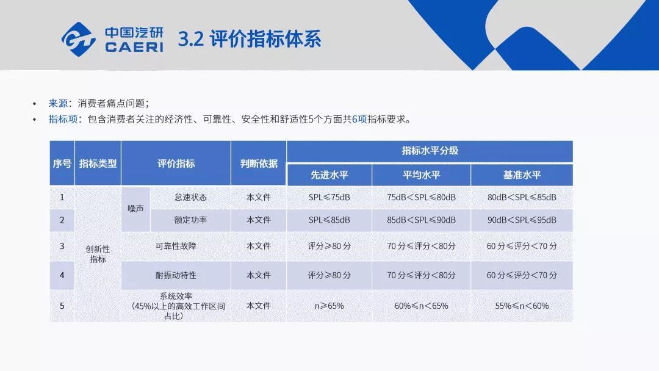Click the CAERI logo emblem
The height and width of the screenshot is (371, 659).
coord(79,40)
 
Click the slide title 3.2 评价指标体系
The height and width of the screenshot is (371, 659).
coord(250,39)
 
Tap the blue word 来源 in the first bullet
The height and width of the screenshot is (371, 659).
coord(58,103)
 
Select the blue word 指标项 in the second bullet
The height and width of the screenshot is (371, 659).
coord(63,120)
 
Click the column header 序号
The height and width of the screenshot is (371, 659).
coord(62,164)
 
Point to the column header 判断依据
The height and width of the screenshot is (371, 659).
coord(259,164)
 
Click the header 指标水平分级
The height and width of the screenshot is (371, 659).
coord(430,151)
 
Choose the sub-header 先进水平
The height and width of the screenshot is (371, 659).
coord(329,175)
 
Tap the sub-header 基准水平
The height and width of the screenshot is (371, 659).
coord(522,175)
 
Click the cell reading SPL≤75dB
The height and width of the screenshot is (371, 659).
coord(329,198)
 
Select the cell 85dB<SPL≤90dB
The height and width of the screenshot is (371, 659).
coord(421,220)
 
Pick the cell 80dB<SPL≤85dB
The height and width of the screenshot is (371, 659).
coord(522,198)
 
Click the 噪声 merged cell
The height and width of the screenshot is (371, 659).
coord(135,209)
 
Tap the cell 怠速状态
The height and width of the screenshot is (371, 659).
coord(190,198)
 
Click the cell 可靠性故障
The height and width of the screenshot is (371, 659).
coord(176,246)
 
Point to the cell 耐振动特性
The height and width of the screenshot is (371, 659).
coord(176,275)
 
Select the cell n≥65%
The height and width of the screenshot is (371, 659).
coord(329,306)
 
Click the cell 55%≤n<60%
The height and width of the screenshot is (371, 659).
coord(522,306)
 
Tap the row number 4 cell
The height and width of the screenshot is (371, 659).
coord(62,275)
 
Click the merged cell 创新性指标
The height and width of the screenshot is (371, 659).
coord(98,254)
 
